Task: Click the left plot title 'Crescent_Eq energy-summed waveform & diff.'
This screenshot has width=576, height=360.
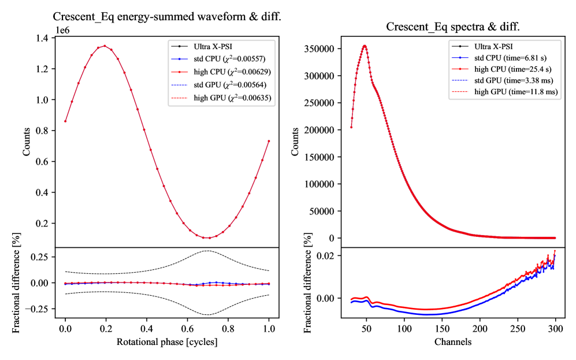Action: coord(167,17)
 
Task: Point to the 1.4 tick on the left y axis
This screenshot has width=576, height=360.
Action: coord(43,38)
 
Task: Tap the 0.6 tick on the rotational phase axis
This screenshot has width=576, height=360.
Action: coord(188,328)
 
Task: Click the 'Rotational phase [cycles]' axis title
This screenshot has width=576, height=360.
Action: coord(167,341)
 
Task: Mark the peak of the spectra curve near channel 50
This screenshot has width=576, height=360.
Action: coord(365,46)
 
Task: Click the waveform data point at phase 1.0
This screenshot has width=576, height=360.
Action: coord(269,141)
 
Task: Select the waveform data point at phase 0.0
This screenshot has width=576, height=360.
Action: coord(65,121)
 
